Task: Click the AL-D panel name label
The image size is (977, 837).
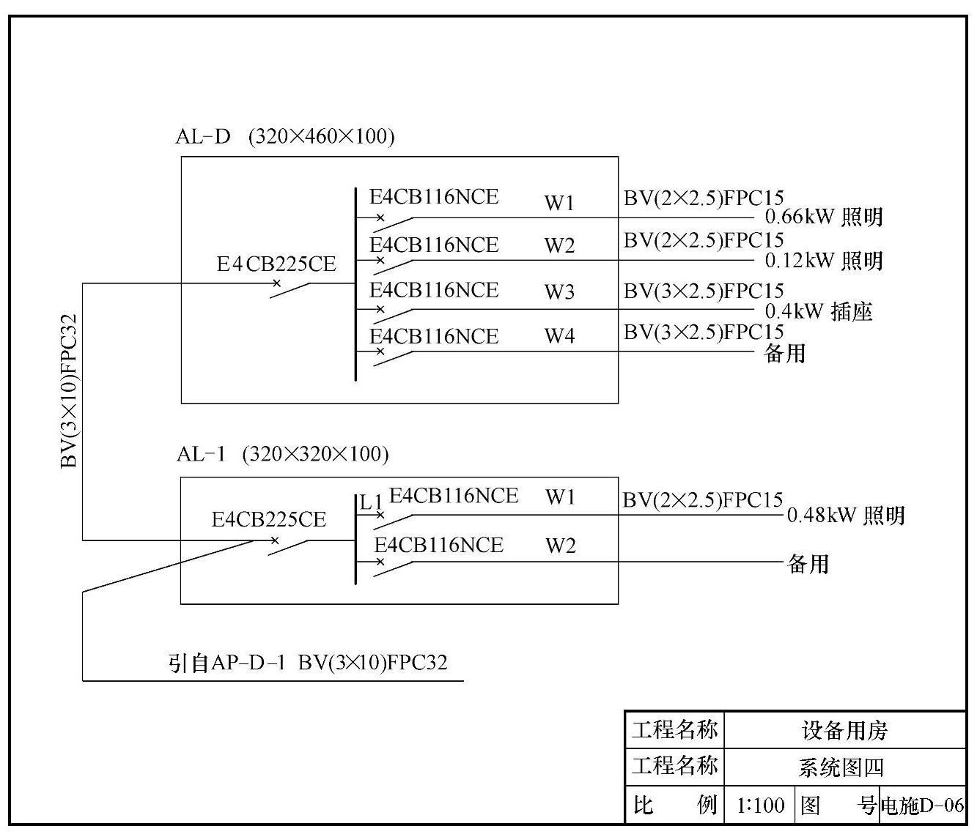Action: pyautogui.click(x=203, y=136)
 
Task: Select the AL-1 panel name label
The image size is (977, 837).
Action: pyautogui.click(x=201, y=454)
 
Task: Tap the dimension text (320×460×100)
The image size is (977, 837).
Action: pyautogui.click(x=322, y=136)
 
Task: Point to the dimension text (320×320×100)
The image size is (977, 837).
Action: pyautogui.click(x=315, y=454)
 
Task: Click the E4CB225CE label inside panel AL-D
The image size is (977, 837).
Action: pyautogui.click(x=276, y=264)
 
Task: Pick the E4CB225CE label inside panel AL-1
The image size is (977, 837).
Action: pyautogui.click(x=268, y=520)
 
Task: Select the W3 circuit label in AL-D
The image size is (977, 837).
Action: pyautogui.click(x=559, y=292)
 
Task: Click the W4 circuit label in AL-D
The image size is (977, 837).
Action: pyautogui.click(x=559, y=336)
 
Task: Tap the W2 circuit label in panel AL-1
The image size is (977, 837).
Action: pyautogui.click(x=560, y=546)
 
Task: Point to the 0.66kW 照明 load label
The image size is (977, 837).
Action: pyautogui.click(x=824, y=217)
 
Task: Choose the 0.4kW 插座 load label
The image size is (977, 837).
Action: pyautogui.click(x=819, y=312)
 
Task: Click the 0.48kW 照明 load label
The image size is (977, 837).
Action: pyautogui.click(x=846, y=516)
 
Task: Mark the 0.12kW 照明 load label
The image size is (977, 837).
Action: pyautogui.click(x=824, y=261)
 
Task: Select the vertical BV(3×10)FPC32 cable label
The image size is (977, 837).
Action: pyautogui.click(x=69, y=390)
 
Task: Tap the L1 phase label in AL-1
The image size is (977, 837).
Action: pyautogui.click(x=371, y=502)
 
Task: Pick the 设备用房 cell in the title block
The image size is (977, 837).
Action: pyautogui.click(x=844, y=730)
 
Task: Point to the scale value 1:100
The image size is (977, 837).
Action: pyautogui.click(x=760, y=806)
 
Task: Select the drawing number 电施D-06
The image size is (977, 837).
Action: pyautogui.click(x=922, y=806)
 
